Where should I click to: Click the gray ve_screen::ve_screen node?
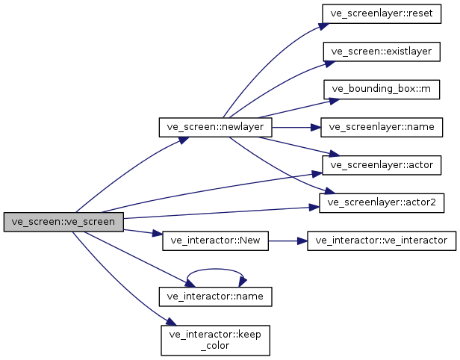coord(63,222)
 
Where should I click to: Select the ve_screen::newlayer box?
coord(215,127)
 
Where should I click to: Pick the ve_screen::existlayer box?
coord(382,51)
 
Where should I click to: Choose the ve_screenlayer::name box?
coord(382,127)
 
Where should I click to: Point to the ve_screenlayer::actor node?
coord(382,164)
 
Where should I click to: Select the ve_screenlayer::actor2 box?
coord(382,202)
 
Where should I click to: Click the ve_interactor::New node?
coord(215,240)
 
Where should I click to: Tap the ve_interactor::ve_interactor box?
coord(382,240)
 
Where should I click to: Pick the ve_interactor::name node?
coord(215,296)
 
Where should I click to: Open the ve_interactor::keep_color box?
coord(215,338)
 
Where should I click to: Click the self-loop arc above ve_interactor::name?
coord(215,270)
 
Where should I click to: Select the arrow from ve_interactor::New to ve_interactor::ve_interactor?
coord(287,240)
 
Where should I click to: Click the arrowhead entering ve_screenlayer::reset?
coord(323,24)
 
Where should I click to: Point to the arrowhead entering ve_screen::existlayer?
coord(324,60)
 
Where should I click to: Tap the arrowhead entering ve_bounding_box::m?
coord(324,93)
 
